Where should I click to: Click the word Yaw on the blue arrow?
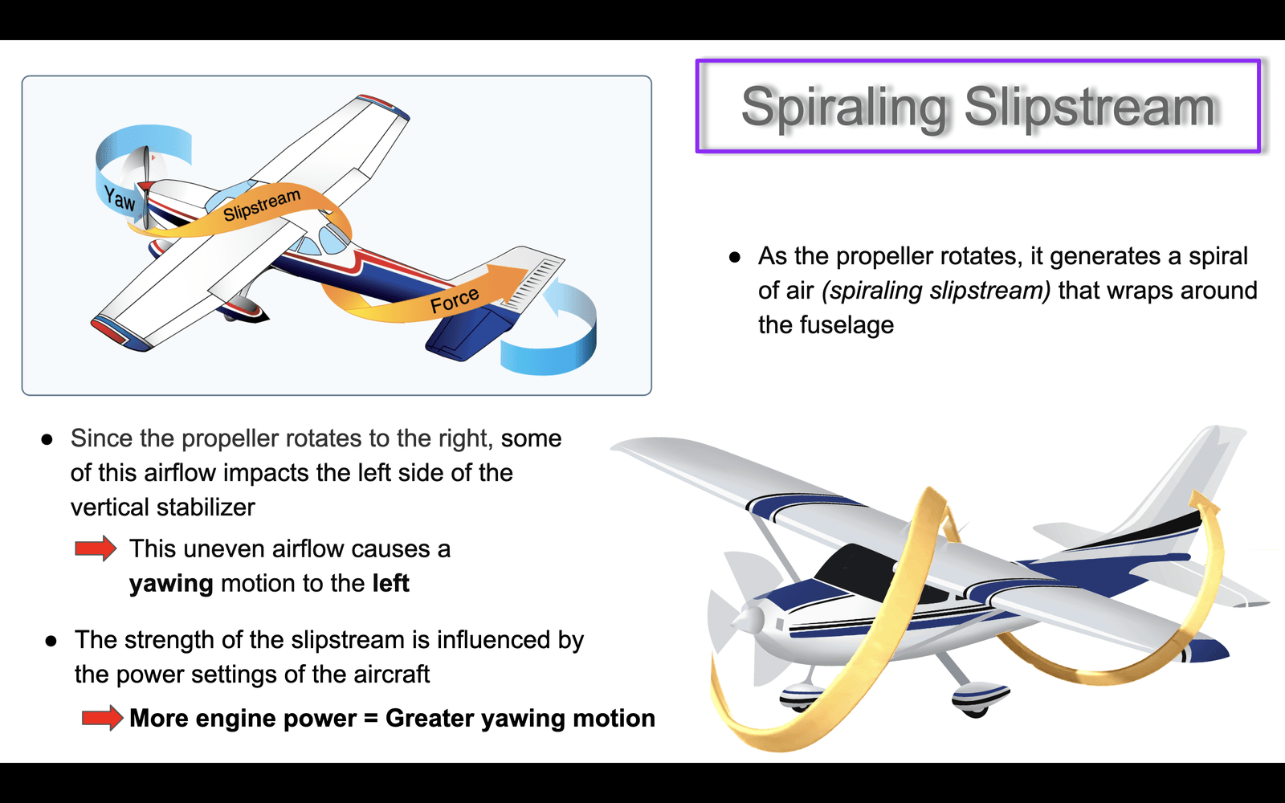(120, 198)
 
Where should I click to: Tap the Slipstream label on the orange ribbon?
(262, 204)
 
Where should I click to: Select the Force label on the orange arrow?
(455, 300)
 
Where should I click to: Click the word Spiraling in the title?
(844, 107)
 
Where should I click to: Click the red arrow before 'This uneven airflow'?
(96, 549)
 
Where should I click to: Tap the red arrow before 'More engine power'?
(102, 718)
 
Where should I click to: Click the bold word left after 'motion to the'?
(390, 583)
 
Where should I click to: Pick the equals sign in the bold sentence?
(370, 718)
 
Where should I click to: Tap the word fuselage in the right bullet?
(826, 325)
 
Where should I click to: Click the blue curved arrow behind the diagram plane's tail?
(551, 330)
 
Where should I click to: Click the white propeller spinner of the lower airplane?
(748, 620)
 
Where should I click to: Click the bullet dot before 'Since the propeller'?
(47, 440)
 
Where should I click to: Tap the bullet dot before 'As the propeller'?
(735, 258)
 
